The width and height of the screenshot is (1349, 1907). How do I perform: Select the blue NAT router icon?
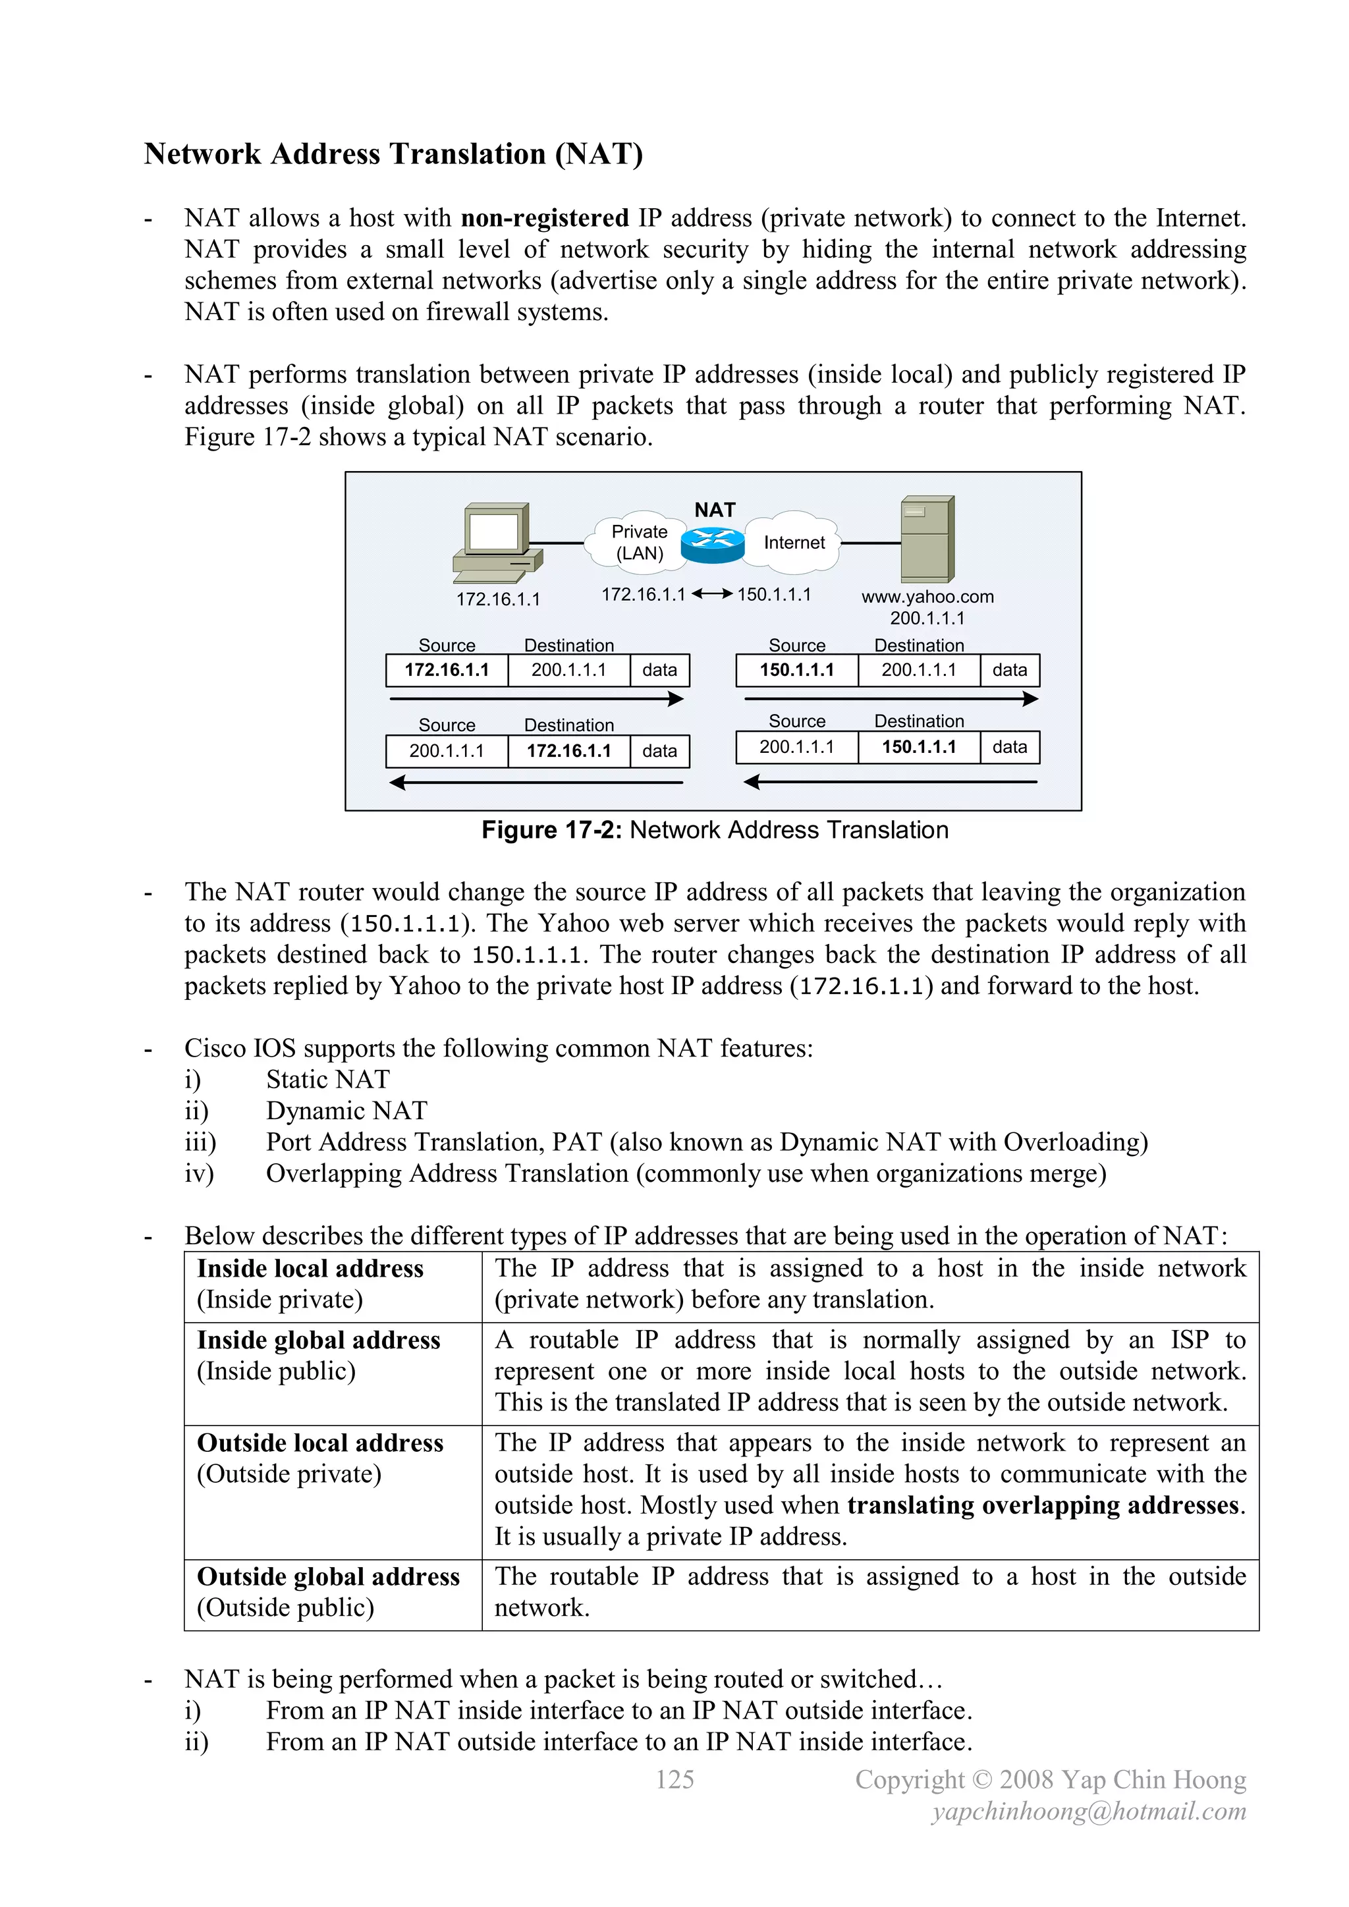(x=713, y=542)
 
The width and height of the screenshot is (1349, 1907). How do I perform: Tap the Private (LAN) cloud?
(x=638, y=542)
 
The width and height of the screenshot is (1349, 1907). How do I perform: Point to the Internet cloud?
(x=793, y=542)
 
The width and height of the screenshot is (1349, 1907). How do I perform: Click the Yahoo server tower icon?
(x=928, y=540)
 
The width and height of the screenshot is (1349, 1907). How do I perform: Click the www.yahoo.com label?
(x=927, y=596)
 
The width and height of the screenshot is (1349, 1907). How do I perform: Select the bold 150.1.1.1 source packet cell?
(x=796, y=671)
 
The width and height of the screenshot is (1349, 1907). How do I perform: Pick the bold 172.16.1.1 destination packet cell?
(x=569, y=751)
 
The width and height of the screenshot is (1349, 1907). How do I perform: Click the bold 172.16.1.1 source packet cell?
(x=447, y=671)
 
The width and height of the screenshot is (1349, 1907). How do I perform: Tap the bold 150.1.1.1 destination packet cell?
(x=919, y=747)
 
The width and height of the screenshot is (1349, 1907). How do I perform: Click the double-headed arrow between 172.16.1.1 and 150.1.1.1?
(x=712, y=594)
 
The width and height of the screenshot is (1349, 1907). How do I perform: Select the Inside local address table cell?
(x=332, y=1284)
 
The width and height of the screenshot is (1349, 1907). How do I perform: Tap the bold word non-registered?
(x=545, y=219)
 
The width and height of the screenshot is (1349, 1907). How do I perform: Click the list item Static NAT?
(x=327, y=1079)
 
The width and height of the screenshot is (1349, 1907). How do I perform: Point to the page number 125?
(x=674, y=1779)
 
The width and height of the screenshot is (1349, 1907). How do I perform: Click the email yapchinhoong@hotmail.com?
(x=1089, y=1811)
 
